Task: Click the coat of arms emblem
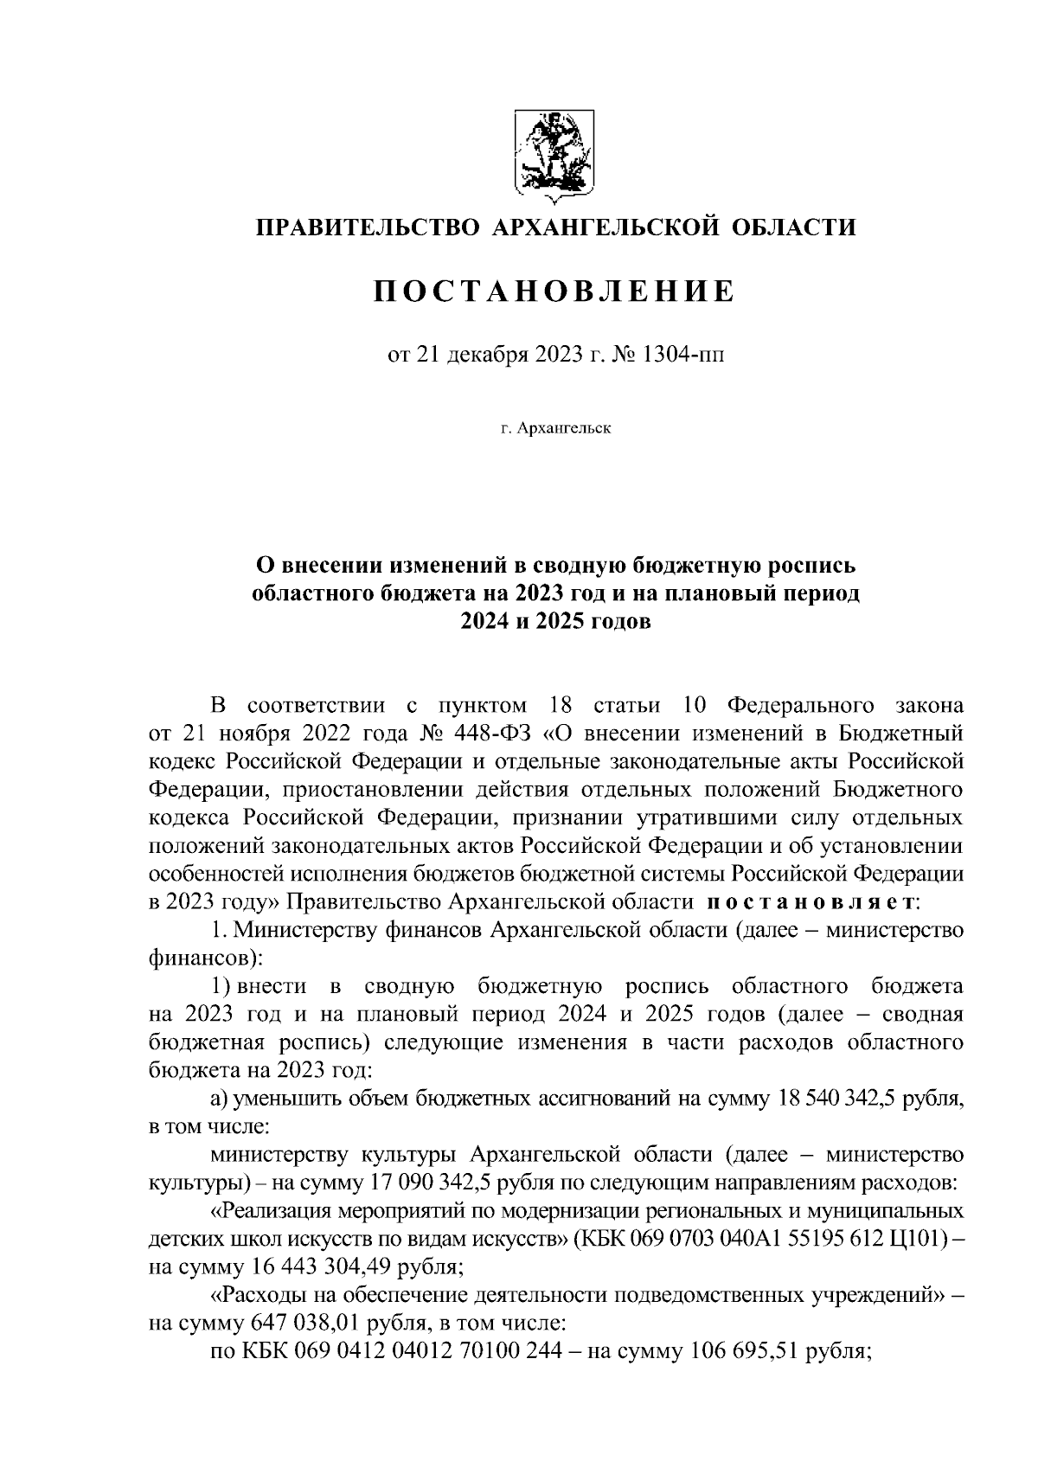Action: pos(553,151)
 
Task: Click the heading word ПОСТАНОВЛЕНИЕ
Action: pos(554,292)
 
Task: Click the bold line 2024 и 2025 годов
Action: pos(554,623)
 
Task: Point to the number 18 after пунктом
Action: pos(561,705)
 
